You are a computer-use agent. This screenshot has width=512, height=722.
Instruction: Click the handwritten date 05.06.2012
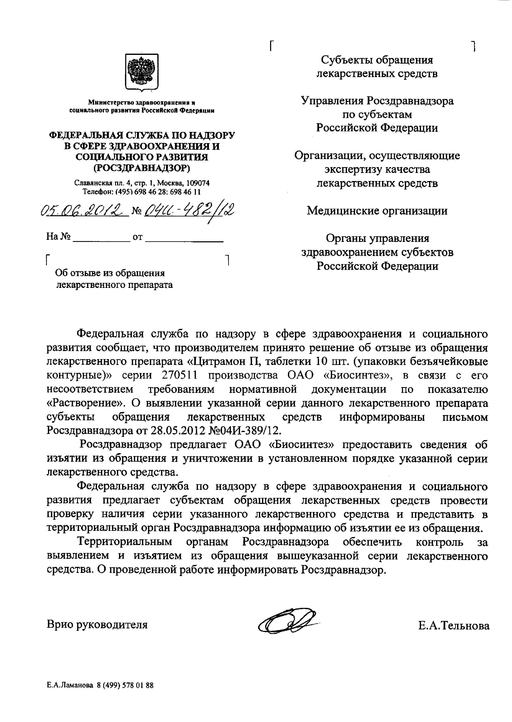tap(85, 209)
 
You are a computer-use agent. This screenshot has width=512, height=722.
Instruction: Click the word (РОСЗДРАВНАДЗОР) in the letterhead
tap(142, 168)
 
